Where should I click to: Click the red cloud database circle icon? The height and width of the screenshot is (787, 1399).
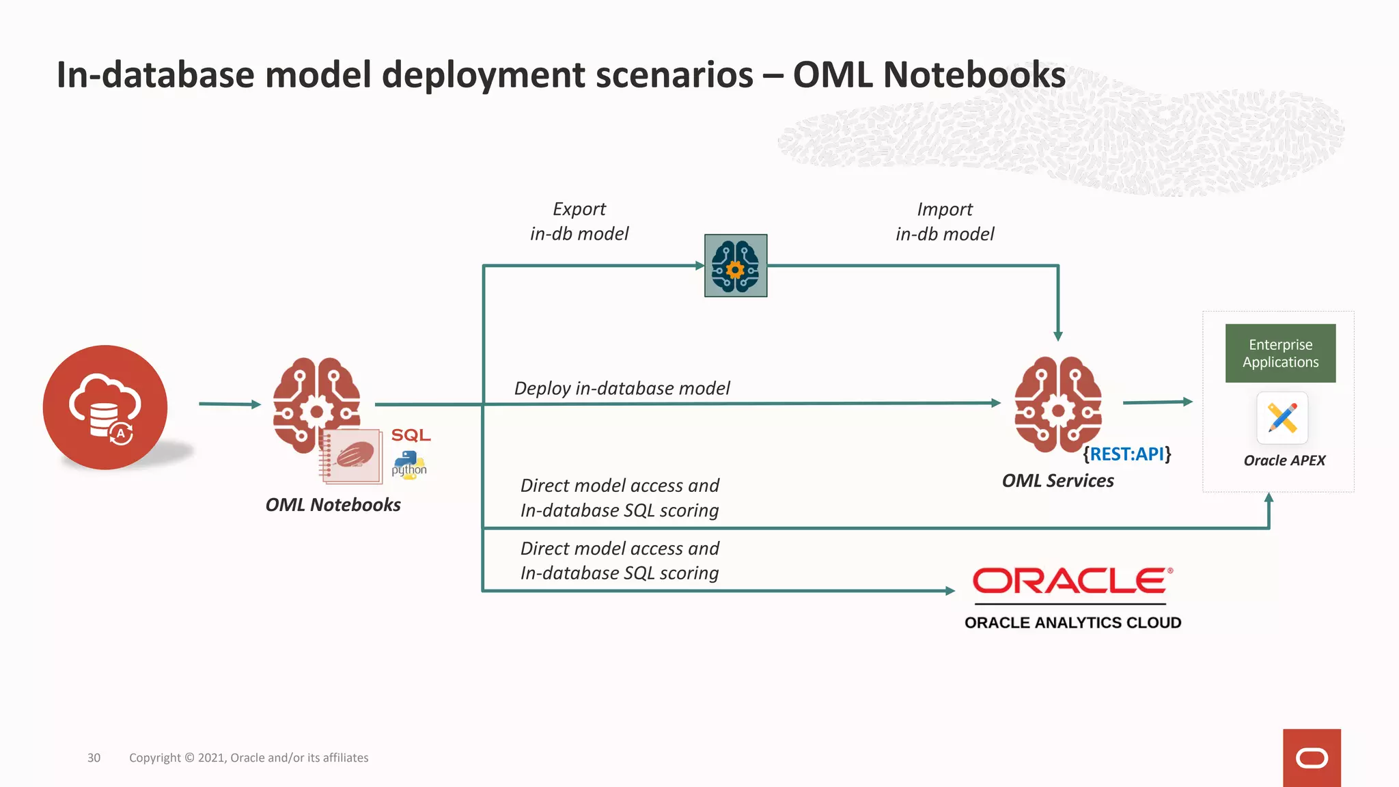[x=105, y=407]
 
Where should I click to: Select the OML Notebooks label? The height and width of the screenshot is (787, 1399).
[x=333, y=505]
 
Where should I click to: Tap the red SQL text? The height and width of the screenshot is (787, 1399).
[x=411, y=435]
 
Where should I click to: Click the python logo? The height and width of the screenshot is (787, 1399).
[x=409, y=465]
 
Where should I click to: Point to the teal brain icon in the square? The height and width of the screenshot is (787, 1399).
[x=736, y=266]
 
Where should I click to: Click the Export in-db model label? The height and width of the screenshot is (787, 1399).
[x=579, y=221]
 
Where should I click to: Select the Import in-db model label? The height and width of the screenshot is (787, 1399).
[x=945, y=221]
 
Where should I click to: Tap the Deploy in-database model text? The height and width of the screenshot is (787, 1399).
[x=622, y=388]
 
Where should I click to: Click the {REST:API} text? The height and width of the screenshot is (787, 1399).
[x=1127, y=454]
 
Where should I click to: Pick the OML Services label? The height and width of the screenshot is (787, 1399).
[x=1057, y=481]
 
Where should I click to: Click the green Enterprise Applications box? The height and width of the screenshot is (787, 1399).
[x=1280, y=353]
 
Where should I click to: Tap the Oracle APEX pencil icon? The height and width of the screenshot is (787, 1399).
[x=1282, y=418]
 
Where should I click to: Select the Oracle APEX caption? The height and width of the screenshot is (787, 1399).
[x=1284, y=460]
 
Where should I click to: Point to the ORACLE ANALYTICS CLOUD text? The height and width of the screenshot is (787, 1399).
[x=1072, y=622]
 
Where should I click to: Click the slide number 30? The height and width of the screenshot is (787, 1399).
[x=94, y=758]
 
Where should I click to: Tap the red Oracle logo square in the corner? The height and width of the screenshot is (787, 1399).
[x=1312, y=758]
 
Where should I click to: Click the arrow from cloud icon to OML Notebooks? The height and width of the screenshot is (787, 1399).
[x=230, y=404]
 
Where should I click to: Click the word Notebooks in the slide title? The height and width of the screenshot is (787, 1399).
[x=974, y=74]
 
